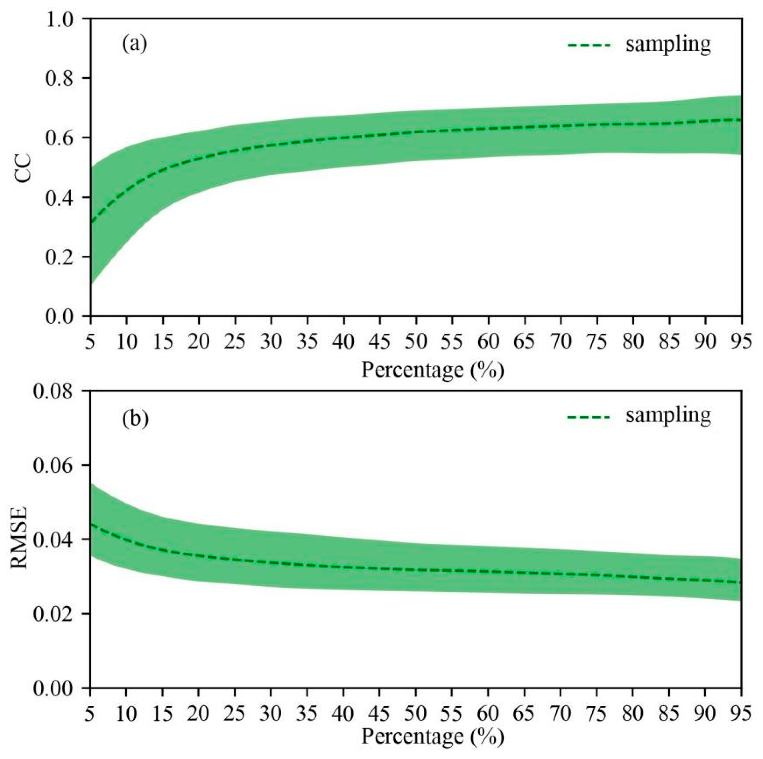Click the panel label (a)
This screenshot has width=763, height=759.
tap(134, 44)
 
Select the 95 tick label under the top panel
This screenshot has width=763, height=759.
tap(741, 341)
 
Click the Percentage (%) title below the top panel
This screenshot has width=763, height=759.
tap(432, 370)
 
